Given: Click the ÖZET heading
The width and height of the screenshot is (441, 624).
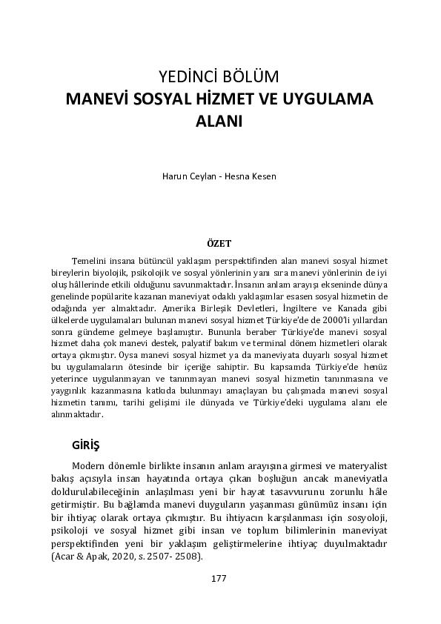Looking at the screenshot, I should (x=221, y=244).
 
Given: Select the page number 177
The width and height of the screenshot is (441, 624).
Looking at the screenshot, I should (x=219, y=578).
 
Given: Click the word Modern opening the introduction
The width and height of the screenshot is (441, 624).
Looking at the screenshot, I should (x=93, y=465).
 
